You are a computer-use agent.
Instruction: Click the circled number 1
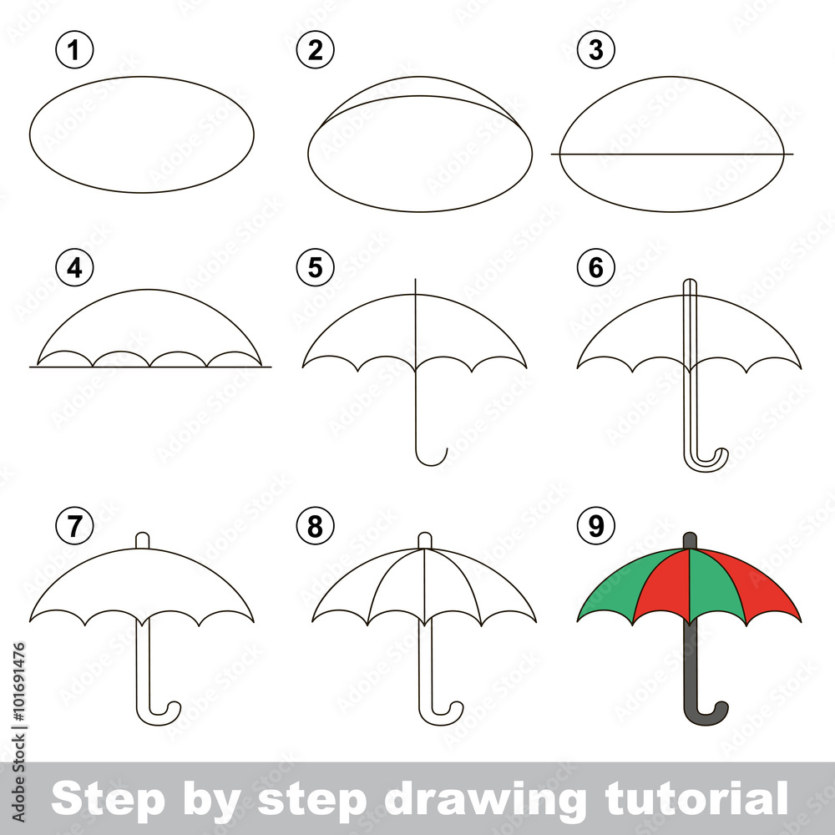pos(75,51)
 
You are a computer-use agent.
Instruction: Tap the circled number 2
pos(315,51)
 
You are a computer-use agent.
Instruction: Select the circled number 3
pos(595,51)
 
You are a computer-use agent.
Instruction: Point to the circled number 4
pos(75,268)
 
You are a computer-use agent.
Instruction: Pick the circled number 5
pos(315,268)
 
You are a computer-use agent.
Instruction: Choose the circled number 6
pos(595,268)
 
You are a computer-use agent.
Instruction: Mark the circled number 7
pos(75,526)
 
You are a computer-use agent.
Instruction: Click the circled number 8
pos(315,526)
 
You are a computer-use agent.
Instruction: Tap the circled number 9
pos(595,526)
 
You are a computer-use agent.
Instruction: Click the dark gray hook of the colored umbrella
pos(710,714)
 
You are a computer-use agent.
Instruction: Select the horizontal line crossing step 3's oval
pos(672,154)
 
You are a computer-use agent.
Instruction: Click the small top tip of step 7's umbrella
pos(143,539)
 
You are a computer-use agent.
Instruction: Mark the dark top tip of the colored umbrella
pos(690,540)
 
